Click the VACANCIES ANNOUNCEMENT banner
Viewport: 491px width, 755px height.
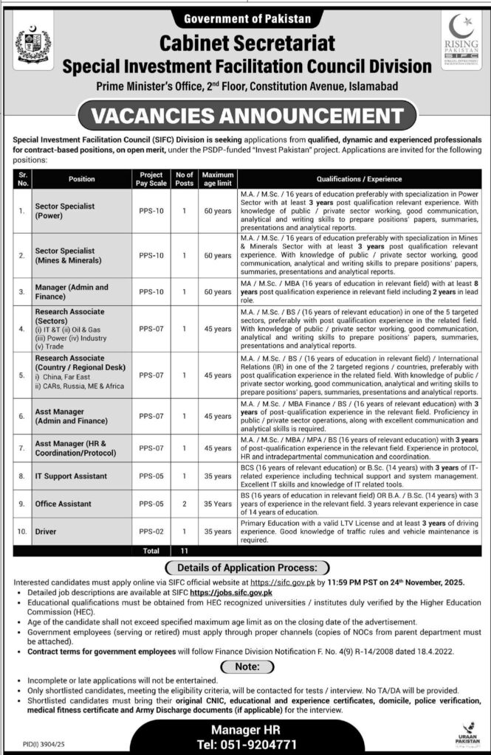point(245,116)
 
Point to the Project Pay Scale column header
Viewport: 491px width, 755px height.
point(145,178)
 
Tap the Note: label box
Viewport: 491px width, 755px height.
point(245,666)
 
